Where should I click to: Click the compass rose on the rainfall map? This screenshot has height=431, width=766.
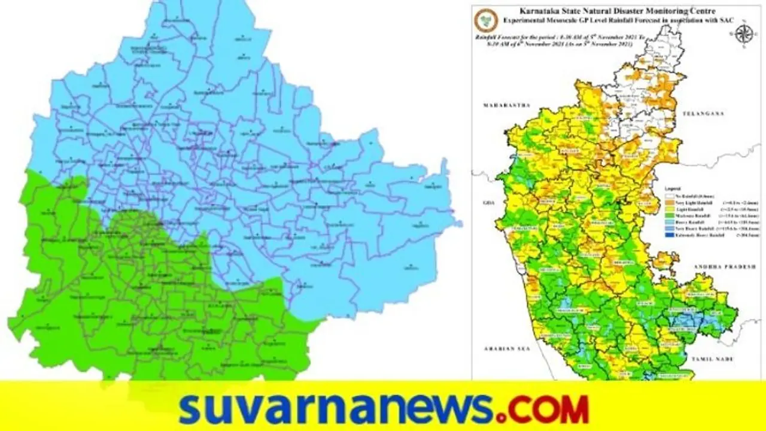click(743, 33)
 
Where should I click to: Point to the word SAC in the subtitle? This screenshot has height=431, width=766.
click(701, 20)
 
